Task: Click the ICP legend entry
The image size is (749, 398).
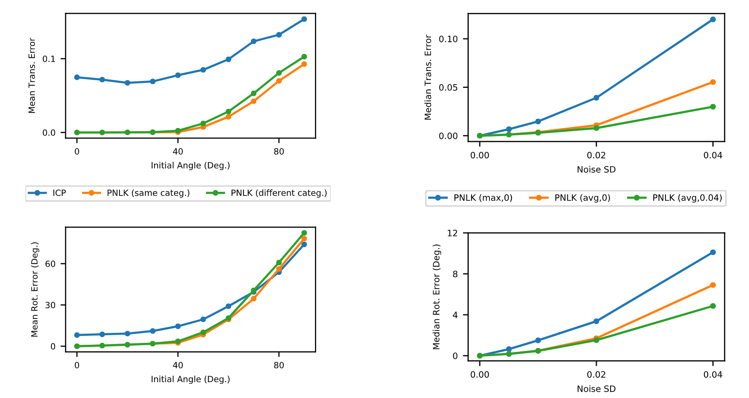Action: point(59,193)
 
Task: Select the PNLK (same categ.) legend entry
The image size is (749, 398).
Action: point(148,193)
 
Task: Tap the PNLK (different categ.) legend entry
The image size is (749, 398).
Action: point(278,193)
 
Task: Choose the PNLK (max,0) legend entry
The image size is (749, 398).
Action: point(483,198)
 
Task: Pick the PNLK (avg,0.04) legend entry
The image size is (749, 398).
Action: point(687,198)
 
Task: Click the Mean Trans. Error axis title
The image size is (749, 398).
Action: point(32,76)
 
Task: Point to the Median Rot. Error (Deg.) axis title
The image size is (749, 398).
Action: point(436,297)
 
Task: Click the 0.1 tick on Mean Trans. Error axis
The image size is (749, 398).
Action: point(49,59)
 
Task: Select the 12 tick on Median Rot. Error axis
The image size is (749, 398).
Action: point(453,233)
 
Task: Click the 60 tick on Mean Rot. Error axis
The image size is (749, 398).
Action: point(50,264)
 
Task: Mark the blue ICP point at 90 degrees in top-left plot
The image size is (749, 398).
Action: point(304,19)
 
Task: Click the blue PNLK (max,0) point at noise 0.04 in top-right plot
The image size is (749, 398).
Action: point(713,19)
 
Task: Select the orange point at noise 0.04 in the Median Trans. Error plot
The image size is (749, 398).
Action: point(713,82)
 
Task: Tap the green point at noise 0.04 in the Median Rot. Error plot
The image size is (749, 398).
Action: point(713,306)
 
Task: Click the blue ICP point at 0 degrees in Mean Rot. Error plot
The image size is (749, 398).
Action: point(77,335)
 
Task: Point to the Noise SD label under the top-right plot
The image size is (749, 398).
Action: point(596,170)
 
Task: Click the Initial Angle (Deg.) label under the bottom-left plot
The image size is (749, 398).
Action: point(190,379)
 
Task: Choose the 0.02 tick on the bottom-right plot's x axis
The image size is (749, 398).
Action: point(596,374)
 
